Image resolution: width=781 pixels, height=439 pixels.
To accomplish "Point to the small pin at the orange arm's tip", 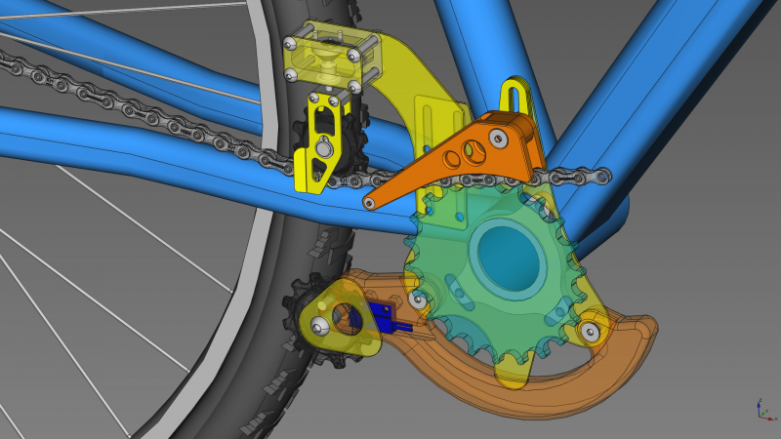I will click(x=369, y=203).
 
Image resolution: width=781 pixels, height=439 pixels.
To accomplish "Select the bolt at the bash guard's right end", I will click(x=591, y=331).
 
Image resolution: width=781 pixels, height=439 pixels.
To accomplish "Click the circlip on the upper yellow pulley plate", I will click(x=321, y=149).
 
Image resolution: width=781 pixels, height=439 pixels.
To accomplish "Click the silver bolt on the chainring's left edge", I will click(x=419, y=299).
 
